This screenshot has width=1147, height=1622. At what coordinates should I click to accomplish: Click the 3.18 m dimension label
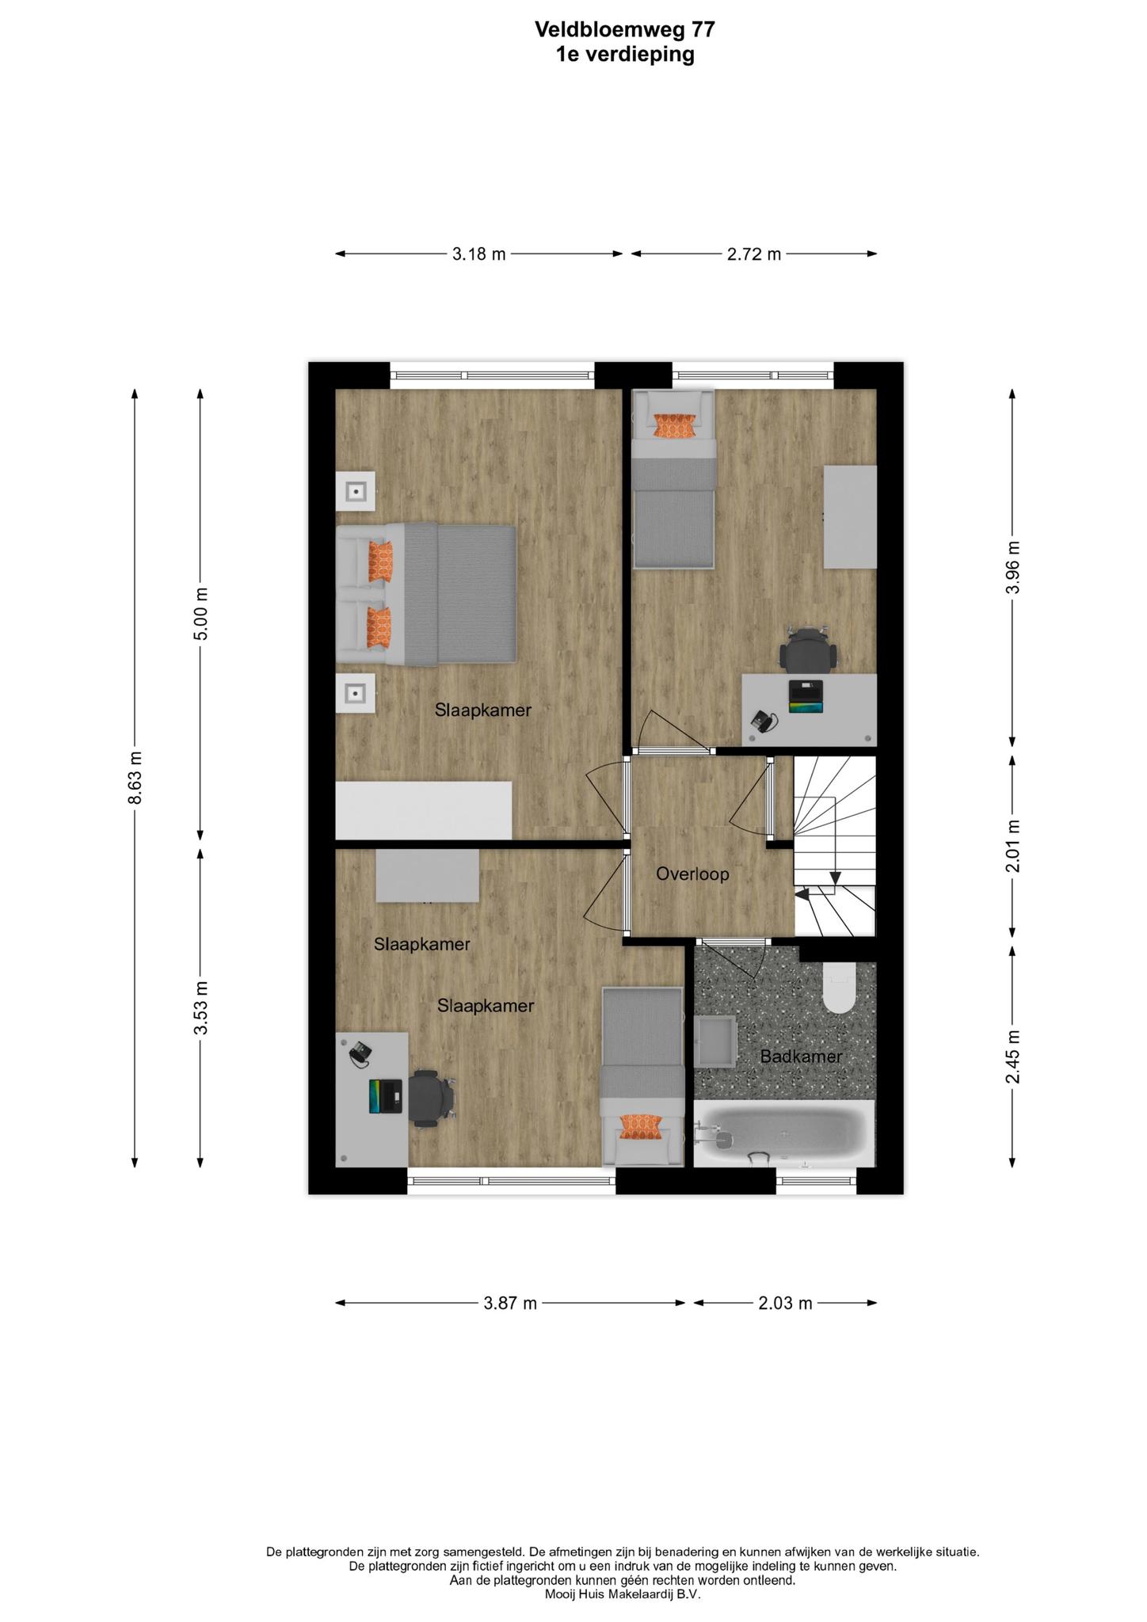pos(479,254)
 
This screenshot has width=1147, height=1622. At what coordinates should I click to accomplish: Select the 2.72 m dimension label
pos(754,254)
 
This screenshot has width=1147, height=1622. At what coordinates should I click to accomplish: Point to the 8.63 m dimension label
pos(135,777)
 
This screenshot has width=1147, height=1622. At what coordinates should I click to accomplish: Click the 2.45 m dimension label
pos(1012,1057)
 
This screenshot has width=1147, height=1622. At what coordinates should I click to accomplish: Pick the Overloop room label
pos(692,874)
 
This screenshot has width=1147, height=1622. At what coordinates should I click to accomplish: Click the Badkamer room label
pos(801,1056)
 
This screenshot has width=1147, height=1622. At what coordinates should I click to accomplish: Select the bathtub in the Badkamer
pos(785,1133)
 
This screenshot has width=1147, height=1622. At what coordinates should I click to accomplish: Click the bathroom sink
pos(716,1042)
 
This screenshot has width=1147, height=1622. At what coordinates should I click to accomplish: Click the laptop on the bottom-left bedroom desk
pos(386,1096)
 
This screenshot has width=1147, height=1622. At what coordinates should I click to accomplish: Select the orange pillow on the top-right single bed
pos(673,427)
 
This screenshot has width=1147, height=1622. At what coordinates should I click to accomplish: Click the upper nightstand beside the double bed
pos(355,492)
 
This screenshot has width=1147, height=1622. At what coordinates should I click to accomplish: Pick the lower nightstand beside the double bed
pos(355,694)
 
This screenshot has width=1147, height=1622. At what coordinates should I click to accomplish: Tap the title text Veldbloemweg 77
pos(625,30)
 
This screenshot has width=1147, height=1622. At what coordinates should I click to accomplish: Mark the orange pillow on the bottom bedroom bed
pos(641,1126)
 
